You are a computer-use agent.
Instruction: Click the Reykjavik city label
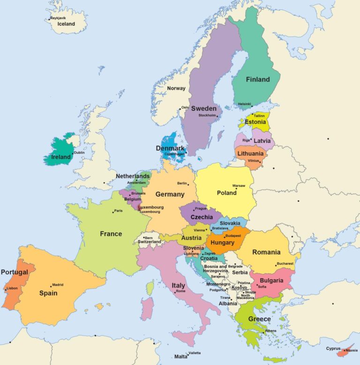pos(58,18)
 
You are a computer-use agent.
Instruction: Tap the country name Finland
pos(258,79)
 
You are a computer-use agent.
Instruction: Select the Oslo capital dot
pos(180,109)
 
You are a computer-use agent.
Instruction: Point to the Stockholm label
pos(207,115)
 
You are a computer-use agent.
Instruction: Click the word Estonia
pos(255,122)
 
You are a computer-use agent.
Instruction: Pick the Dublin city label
pos(79,152)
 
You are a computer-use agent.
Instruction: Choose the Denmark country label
pos(170,148)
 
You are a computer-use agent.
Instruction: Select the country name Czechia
pos(202,217)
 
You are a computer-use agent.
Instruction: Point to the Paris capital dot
pos(113,212)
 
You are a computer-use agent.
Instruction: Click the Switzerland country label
pos(149,242)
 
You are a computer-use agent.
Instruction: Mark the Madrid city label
pos(58,285)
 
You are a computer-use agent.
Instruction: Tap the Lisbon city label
pos(12,288)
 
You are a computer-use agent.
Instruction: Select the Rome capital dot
pos(175,292)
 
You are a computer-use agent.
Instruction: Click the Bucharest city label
pos(285,264)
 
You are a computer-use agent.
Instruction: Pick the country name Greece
pos(259,319)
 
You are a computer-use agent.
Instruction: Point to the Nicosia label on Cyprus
pos(351,350)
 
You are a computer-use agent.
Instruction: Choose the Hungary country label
pos(222,243)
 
